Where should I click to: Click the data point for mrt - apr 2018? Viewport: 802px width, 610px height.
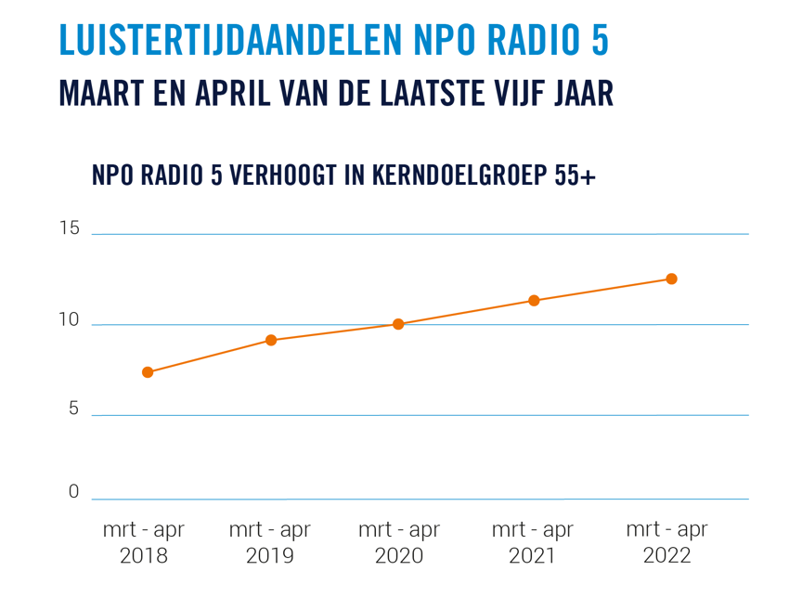[148, 372]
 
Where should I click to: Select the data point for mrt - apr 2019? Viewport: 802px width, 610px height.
[271, 340]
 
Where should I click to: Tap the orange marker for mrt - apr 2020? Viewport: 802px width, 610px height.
[398, 324]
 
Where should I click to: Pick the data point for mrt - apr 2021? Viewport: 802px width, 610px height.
[534, 301]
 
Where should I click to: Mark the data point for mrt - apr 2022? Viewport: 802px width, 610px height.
[671, 279]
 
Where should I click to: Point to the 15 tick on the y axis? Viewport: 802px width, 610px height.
[70, 228]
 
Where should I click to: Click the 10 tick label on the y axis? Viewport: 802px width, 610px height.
[70, 319]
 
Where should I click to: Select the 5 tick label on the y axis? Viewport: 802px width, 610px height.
[73, 409]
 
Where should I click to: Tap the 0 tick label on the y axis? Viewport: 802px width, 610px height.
[73, 492]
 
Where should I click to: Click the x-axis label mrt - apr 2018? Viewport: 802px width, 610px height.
[144, 542]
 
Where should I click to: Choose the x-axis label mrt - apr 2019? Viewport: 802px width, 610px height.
[270, 542]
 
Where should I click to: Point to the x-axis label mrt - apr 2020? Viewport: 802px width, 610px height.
[399, 542]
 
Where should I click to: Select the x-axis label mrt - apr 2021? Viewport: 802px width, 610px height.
[533, 542]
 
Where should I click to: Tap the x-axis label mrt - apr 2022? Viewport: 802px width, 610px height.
[667, 542]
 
